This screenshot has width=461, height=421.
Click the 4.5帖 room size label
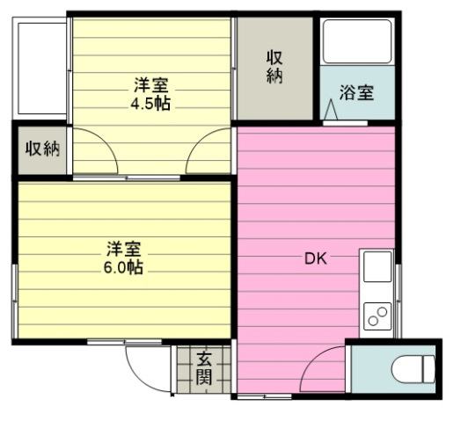click(150, 103)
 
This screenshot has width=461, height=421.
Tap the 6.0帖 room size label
click(123, 267)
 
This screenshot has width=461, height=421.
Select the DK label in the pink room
click(316, 258)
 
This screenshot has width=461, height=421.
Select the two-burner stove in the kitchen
click(378, 316)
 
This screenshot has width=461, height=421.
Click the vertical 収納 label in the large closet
click(274, 67)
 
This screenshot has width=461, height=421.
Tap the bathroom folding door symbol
click(331, 111)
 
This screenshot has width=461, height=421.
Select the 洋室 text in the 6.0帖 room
click(123, 249)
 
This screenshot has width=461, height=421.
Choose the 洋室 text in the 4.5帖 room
click(150, 85)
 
